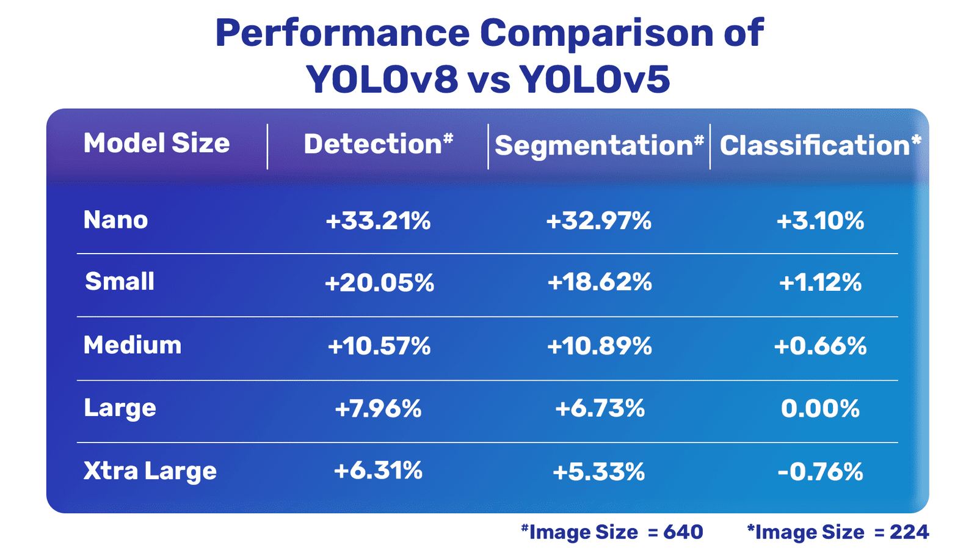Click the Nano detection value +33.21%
click(378, 221)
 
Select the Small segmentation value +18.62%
click(599, 282)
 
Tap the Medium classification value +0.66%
click(820, 346)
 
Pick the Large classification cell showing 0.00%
click(820, 408)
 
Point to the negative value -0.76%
click(820, 472)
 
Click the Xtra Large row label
click(150, 471)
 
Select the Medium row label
click(133, 345)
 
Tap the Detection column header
click(378, 145)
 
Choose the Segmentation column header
click(599, 146)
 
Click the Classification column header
click(819, 146)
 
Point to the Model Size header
click(156, 144)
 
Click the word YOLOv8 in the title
click(382, 79)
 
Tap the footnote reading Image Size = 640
click(612, 532)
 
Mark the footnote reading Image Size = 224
click(838, 532)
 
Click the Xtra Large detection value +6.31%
click(378, 471)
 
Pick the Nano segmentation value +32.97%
click(599, 221)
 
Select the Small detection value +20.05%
click(379, 283)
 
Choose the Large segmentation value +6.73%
click(599, 408)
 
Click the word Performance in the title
click(342, 33)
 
